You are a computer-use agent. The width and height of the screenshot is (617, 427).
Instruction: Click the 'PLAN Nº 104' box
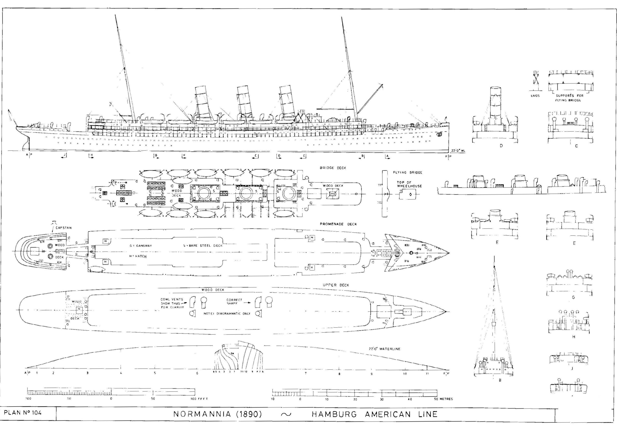coord(23,413)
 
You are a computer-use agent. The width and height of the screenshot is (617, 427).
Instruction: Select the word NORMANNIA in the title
coord(202,414)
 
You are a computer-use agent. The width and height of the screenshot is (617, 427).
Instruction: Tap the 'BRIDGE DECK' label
coord(333,168)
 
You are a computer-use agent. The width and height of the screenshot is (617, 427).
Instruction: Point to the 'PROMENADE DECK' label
coord(338,224)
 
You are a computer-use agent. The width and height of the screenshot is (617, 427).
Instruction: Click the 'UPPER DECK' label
coord(336,285)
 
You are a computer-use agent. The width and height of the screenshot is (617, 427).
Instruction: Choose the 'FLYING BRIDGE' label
coord(407,173)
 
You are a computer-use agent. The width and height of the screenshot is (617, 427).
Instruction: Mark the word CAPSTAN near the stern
coord(63,228)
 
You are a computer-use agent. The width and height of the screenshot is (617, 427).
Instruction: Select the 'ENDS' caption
coord(535,96)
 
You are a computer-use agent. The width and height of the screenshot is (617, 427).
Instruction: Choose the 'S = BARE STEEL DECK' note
coord(203,246)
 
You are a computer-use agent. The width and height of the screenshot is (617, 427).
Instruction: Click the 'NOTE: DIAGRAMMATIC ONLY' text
coord(227,314)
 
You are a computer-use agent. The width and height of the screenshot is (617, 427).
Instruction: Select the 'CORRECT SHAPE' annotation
coord(234,302)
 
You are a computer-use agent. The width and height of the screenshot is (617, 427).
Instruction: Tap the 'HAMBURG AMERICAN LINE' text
coord(375,414)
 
